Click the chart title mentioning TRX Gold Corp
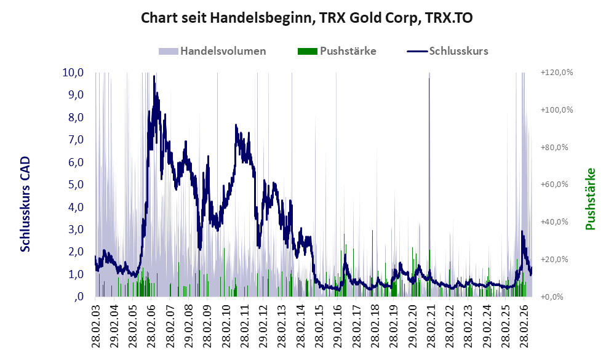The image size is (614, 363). coord(306,18)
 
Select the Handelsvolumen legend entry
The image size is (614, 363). coord(212,51)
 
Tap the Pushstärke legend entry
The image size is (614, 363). coord(337,51)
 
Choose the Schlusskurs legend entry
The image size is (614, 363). coord(447,51)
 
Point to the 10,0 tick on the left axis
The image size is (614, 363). coord(73,73)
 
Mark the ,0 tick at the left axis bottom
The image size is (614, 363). coord(79,297)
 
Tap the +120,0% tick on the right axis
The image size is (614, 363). coord(556,73)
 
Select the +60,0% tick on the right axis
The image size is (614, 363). coord(554,185)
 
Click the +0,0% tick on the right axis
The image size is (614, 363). coord(552,297)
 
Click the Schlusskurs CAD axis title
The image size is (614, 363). coord(25,204)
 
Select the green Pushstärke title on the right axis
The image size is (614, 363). coord(591,199)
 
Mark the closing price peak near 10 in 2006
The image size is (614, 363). coord(154,76)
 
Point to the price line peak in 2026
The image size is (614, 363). coord(522,232)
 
